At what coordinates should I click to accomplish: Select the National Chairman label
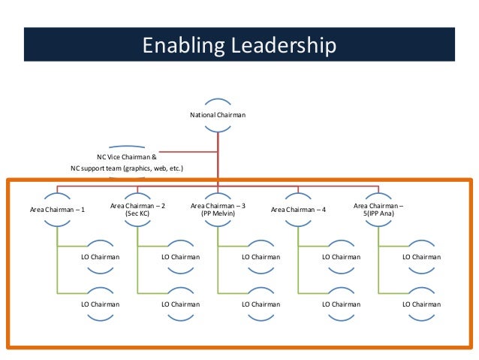(x=217, y=115)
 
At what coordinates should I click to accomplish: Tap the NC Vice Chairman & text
(x=126, y=157)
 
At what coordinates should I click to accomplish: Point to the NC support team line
(x=127, y=168)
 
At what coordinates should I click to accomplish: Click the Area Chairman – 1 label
(x=57, y=209)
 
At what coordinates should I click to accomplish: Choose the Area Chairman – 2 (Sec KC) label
(x=137, y=209)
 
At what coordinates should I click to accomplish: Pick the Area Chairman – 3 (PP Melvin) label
(x=218, y=209)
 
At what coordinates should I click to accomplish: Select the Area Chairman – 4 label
(x=298, y=209)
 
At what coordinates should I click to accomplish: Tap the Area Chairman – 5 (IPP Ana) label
(x=378, y=209)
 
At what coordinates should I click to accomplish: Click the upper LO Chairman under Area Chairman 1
(x=100, y=257)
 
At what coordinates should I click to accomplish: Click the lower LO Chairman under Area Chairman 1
(x=100, y=304)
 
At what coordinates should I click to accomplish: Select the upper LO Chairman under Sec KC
(x=180, y=257)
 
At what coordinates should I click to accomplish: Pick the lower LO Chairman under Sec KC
(x=180, y=304)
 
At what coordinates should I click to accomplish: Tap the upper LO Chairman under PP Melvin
(x=261, y=257)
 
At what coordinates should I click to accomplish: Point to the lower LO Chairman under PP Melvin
(x=261, y=304)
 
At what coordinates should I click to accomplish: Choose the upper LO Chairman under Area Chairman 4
(x=341, y=257)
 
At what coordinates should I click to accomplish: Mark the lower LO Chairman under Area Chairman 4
(x=341, y=304)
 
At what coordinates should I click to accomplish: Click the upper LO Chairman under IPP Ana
(x=421, y=257)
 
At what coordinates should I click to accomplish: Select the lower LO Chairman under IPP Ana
(x=421, y=304)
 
